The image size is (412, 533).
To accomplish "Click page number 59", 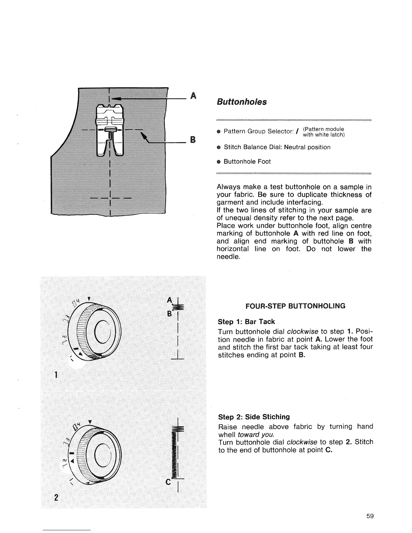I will click(x=370, y=516).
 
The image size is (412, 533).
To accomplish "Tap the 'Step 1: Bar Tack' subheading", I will click(x=246, y=322).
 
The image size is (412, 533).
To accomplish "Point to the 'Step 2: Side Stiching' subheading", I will click(x=254, y=417).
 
